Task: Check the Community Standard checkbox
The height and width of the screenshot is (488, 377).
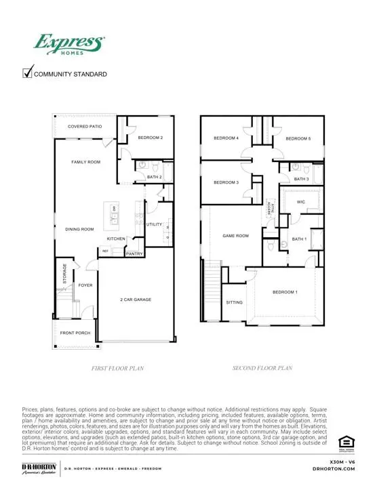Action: [28, 73]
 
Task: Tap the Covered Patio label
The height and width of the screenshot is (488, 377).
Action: [84, 127]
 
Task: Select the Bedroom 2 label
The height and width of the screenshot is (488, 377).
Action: [151, 138]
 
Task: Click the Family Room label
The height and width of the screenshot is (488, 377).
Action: [86, 162]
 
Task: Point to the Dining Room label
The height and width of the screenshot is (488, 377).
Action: [79, 229]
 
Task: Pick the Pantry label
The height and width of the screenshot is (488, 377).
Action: [134, 254]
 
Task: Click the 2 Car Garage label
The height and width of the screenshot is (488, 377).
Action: [136, 299]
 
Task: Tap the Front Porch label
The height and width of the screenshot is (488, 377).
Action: [75, 333]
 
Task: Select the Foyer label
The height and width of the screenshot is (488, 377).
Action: [85, 285]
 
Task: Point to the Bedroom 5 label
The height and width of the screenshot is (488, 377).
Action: [298, 139]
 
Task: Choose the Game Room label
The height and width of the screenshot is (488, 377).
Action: [236, 236]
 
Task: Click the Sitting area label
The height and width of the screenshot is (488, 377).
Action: [234, 302]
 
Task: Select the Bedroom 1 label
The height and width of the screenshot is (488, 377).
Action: [285, 292]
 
